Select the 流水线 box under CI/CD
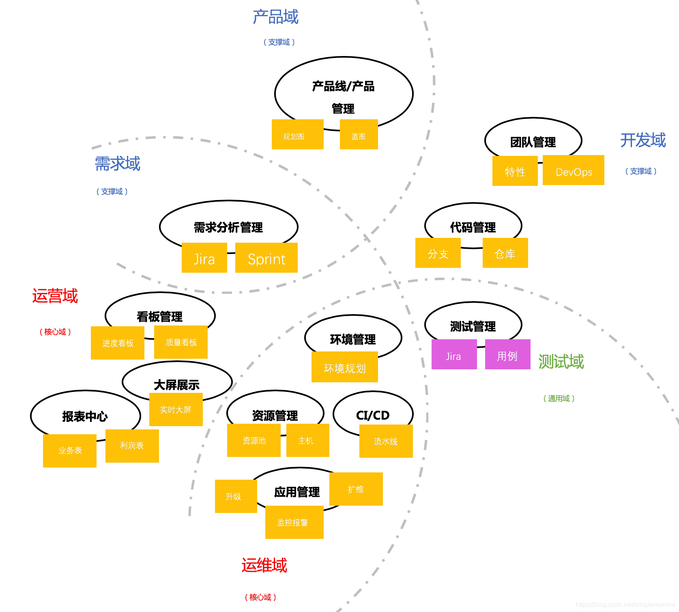point(386,441)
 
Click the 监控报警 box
point(294,522)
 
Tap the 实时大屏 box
point(176,409)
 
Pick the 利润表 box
point(132,446)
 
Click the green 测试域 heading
point(561,362)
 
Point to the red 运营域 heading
point(55,296)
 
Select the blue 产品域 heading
point(275,17)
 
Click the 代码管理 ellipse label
point(473,227)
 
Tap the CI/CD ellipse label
point(373,415)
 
